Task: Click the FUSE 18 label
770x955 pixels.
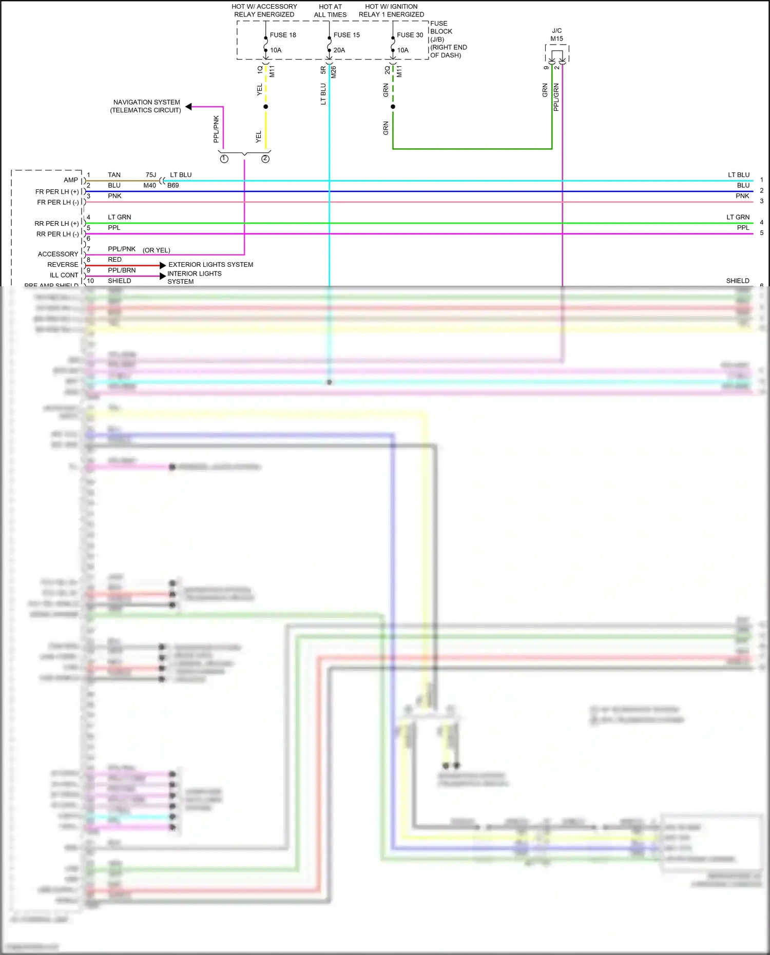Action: click(x=283, y=35)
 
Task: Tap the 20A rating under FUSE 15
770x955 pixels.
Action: click(x=339, y=50)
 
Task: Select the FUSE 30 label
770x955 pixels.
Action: click(x=410, y=35)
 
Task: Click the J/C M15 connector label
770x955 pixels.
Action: click(x=556, y=35)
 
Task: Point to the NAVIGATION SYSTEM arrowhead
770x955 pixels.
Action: click(x=189, y=107)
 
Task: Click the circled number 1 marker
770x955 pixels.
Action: click(x=224, y=159)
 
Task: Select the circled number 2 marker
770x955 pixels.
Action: click(x=265, y=159)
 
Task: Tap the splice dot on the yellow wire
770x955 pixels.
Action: click(x=265, y=107)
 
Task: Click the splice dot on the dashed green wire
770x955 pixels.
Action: click(x=393, y=107)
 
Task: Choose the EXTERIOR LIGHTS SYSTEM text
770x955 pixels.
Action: click(x=210, y=265)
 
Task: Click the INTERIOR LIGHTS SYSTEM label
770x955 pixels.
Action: click(x=194, y=278)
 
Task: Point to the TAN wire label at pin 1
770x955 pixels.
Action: click(x=114, y=175)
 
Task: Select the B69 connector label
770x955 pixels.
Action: click(x=173, y=185)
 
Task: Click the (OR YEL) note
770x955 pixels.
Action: click(x=157, y=250)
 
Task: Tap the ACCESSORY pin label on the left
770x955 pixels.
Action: click(x=58, y=254)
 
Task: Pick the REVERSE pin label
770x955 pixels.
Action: click(x=63, y=265)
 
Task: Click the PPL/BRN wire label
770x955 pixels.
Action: click(x=122, y=270)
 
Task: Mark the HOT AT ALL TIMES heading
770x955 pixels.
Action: click(x=330, y=11)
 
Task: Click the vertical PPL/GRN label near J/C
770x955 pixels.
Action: click(x=556, y=98)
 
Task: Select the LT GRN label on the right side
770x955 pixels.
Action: click(x=738, y=218)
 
